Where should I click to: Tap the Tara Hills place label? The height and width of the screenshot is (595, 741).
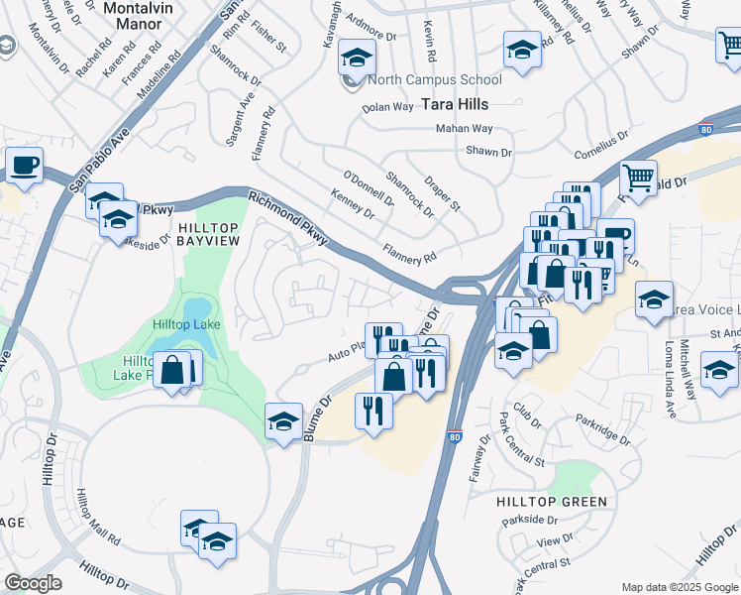click(455, 103)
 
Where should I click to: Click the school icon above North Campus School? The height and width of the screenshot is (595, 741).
click(357, 58)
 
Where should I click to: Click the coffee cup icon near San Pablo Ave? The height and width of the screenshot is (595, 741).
click(24, 165)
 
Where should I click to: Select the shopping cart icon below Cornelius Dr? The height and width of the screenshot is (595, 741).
click(639, 178)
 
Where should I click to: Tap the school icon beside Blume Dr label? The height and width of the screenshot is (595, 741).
click(284, 421)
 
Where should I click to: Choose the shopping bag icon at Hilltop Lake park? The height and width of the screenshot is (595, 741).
click(172, 371)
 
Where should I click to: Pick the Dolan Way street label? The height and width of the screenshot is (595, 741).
click(386, 107)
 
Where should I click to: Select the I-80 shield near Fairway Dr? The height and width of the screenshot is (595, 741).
click(454, 435)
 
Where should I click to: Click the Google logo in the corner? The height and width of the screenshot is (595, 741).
click(34, 584)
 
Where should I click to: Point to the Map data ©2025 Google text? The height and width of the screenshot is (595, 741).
click(679, 587)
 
